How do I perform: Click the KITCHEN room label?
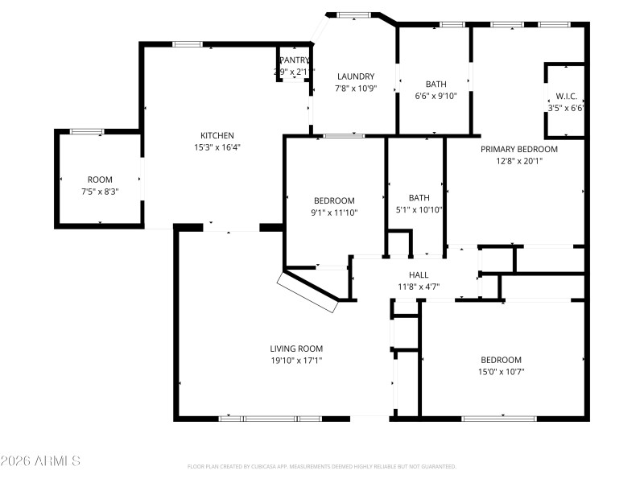pyautogui.click(x=217, y=135)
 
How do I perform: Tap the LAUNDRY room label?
pyautogui.click(x=355, y=76)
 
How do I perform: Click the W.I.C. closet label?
pyautogui.click(x=566, y=96)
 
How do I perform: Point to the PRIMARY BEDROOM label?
pyautogui.click(x=518, y=149)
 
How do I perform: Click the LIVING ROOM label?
pyautogui.click(x=296, y=349)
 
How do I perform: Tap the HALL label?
pyautogui.click(x=419, y=275)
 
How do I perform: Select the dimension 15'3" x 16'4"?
pyautogui.click(x=217, y=147)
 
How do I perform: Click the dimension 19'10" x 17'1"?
pyautogui.click(x=296, y=361)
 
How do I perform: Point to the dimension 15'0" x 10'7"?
pyautogui.click(x=501, y=371)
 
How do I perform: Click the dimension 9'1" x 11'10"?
pyautogui.click(x=334, y=213)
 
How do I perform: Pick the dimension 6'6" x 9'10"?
pyautogui.click(x=436, y=96)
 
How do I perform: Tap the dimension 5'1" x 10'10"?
pyautogui.click(x=419, y=209)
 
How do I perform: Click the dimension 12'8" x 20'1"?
pyautogui.click(x=518, y=160)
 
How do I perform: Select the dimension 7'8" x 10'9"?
pyautogui.click(x=355, y=89)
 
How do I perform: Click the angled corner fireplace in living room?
pyautogui.click(x=308, y=291)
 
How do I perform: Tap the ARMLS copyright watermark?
pyautogui.click(x=40, y=461)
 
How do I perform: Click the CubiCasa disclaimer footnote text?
pyautogui.click(x=321, y=466)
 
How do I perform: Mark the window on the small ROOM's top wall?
pyautogui.click(x=86, y=130)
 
